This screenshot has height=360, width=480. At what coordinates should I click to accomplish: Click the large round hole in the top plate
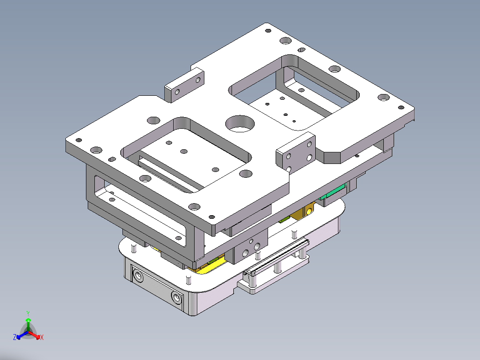tap(239, 124)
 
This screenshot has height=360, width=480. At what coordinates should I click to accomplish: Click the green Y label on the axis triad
tap(28, 313)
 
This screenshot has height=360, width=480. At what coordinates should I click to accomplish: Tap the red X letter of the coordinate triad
tap(42, 338)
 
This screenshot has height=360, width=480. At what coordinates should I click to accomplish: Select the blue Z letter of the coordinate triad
tap(15, 338)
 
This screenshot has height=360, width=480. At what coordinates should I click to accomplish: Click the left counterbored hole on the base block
tap(137, 277)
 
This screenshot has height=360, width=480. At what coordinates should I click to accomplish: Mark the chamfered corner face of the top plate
tap(331, 158)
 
